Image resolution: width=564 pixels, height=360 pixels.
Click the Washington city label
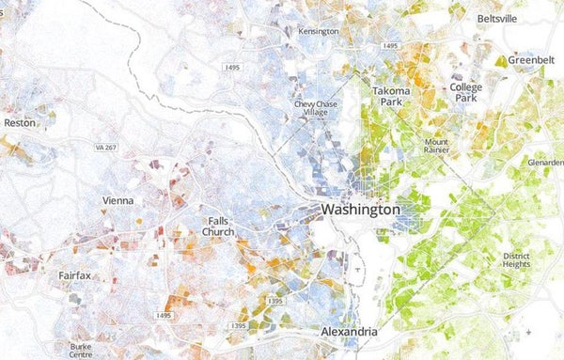360,210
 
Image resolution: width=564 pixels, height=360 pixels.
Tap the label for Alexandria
349,333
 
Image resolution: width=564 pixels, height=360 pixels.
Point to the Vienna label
117,200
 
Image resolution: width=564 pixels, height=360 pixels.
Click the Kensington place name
318,31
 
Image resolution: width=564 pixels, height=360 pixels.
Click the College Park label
465,92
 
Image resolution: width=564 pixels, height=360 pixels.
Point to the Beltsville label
497,19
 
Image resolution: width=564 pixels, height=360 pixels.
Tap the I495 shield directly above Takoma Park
392,45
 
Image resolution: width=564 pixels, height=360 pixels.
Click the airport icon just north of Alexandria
358,271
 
